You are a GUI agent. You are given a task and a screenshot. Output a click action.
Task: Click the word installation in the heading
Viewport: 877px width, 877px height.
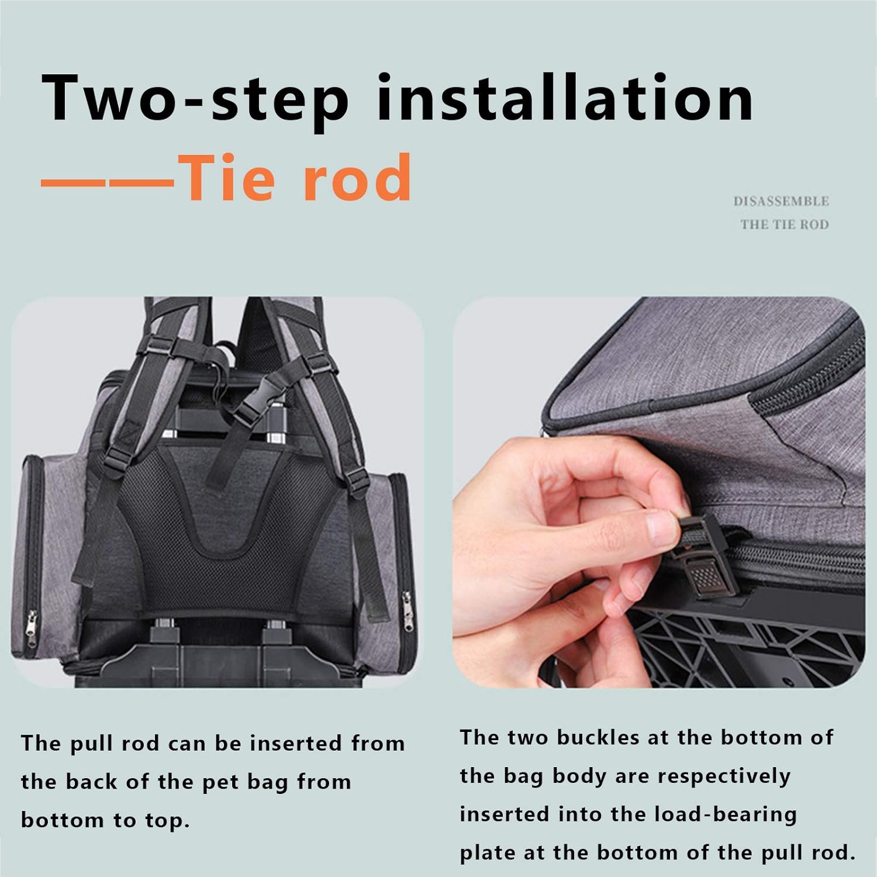565,98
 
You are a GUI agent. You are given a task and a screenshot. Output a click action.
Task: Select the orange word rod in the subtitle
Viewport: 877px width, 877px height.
357,177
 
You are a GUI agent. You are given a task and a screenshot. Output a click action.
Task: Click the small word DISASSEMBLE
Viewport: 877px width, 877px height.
781,202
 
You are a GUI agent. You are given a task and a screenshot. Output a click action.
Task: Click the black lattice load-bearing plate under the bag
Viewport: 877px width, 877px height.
743,649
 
